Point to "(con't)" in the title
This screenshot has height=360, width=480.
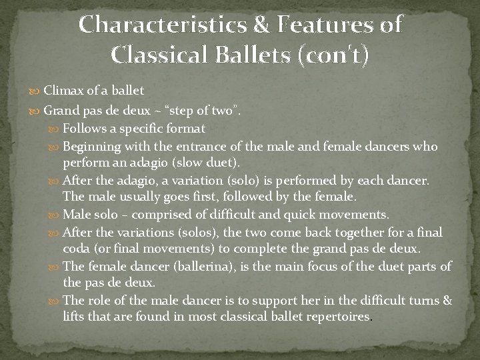tap(332, 54)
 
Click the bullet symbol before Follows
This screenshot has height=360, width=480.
tap(55, 128)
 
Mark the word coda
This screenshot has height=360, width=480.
tap(76, 249)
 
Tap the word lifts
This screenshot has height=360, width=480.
tap(75, 317)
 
